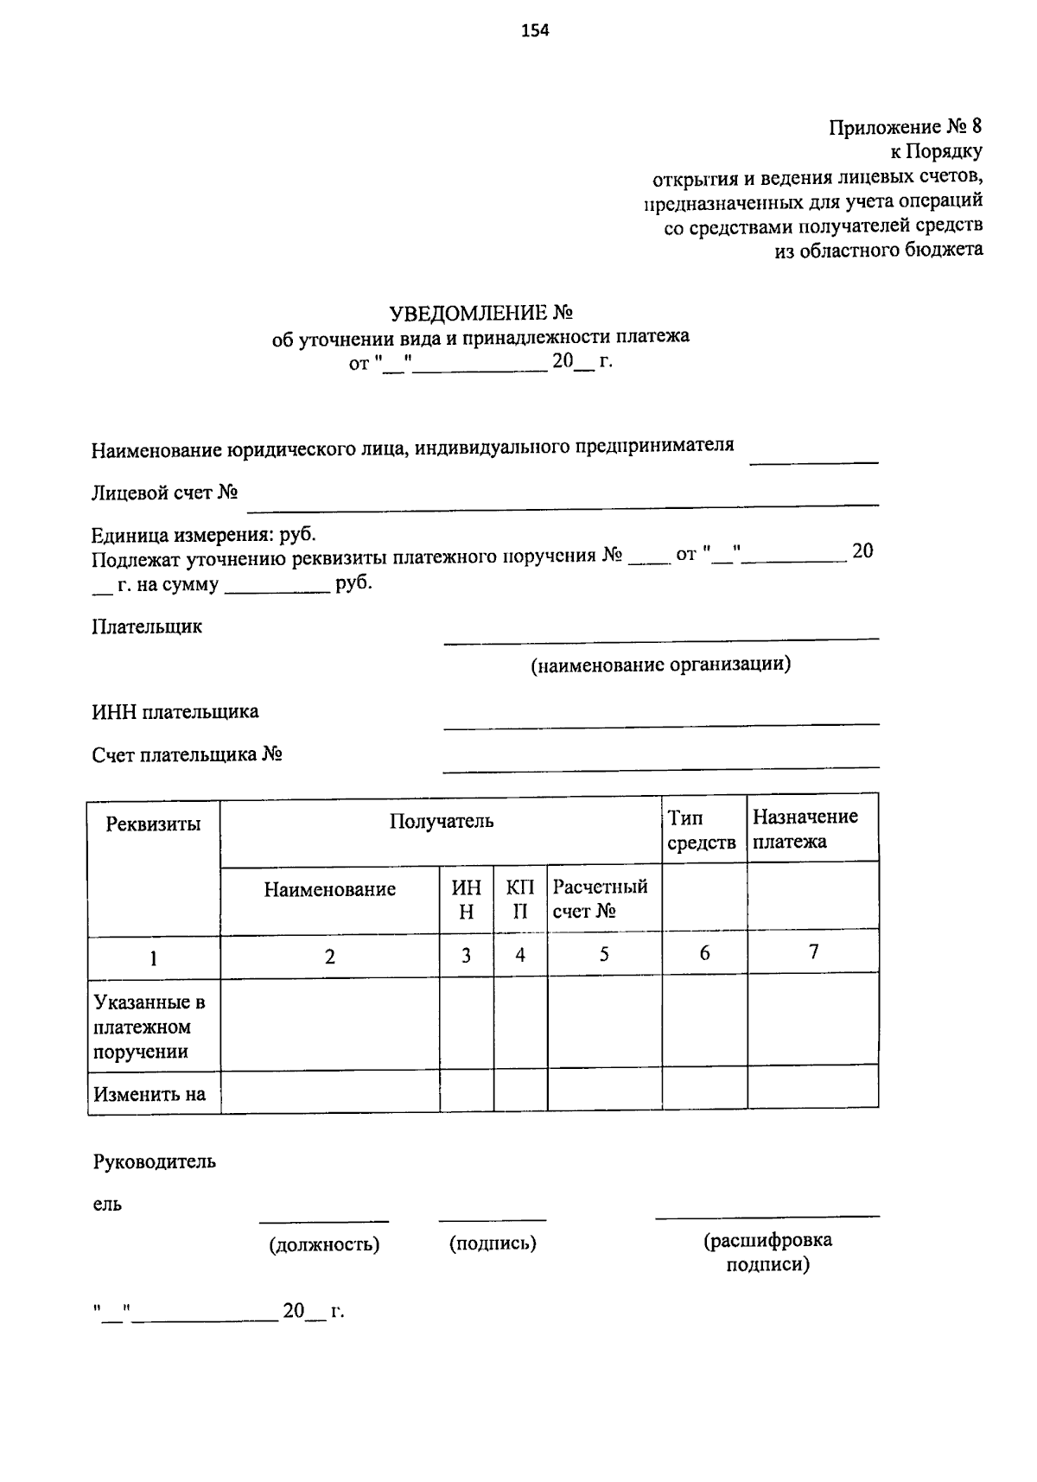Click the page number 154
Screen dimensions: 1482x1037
(x=535, y=32)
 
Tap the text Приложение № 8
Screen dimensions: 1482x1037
(x=905, y=127)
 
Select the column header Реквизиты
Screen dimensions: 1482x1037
(x=153, y=824)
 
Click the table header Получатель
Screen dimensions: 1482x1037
(x=441, y=820)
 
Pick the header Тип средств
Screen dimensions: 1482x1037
(x=702, y=830)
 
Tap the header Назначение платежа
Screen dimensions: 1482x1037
(x=805, y=829)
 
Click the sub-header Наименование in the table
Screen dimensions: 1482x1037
(x=329, y=889)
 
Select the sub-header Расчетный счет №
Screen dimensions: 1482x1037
(x=600, y=899)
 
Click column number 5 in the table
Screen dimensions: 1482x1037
(x=604, y=954)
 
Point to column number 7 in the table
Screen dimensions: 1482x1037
(x=812, y=952)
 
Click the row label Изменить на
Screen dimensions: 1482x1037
(x=150, y=1094)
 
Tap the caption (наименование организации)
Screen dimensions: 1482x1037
(x=660, y=665)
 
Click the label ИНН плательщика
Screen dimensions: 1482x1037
(x=175, y=712)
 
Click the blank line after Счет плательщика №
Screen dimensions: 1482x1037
(x=660, y=766)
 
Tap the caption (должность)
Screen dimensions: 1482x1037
(x=324, y=1244)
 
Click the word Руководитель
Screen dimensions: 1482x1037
(x=154, y=1162)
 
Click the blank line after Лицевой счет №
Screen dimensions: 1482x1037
(x=562, y=502)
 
